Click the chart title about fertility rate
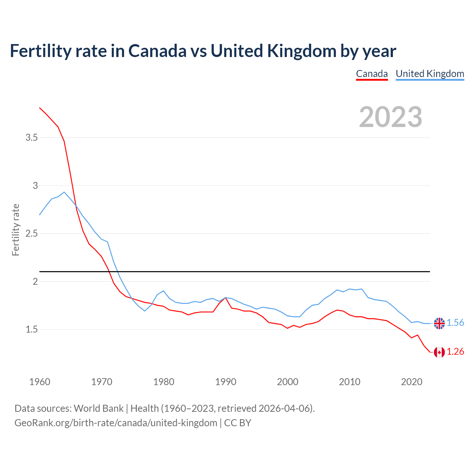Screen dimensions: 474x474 click(203, 51)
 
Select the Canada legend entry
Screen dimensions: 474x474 click(372, 74)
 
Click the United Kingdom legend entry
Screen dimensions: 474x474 click(430, 74)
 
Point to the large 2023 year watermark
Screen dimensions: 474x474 click(391, 117)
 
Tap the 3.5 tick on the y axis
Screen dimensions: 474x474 click(31, 138)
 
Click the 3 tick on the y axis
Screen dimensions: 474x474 click(35, 186)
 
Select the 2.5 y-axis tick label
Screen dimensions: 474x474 click(31, 234)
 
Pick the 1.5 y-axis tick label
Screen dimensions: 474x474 click(31, 329)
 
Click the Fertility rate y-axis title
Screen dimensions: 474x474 click(16, 230)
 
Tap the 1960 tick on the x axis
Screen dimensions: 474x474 click(40, 382)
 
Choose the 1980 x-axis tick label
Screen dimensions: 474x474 click(164, 382)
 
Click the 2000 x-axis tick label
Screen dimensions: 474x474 click(288, 382)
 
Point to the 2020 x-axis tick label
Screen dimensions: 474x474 click(411, 382)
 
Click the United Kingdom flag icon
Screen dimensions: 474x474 click(439, 323)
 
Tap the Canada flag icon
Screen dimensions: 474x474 click(439, 352)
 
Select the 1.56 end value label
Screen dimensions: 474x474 click(455, 323)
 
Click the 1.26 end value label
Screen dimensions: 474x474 click(455, 352)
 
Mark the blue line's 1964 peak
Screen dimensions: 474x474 click(64, 192)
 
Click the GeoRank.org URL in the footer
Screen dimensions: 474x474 click(116, 423)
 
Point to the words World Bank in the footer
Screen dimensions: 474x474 click(99, 408)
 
